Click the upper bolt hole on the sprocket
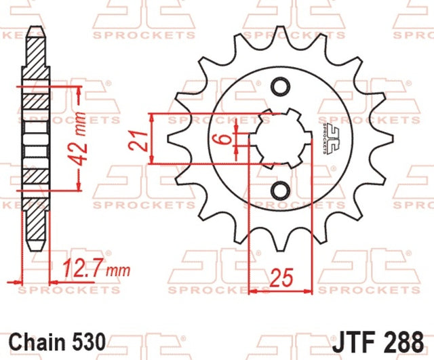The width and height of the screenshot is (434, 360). pyautogui.click(x=280, y=87)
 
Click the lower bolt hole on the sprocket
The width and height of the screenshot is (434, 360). pyautogui.click(x=280, y=191)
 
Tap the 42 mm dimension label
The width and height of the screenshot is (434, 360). pyautogui.click(x=79, y=138)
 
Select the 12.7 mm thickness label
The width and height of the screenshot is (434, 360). pyautogui.click(x=96, y=268)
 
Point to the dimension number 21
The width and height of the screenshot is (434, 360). pyautogui.click(x=138, y=140)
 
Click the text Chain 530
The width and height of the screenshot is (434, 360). pyautogui.click(x=58, y=342)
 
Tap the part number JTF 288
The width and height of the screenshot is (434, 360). pyautogui.click(x=378, y=342)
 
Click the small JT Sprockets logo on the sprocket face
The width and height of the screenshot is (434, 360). pyautogui.click(x=330, y=138)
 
